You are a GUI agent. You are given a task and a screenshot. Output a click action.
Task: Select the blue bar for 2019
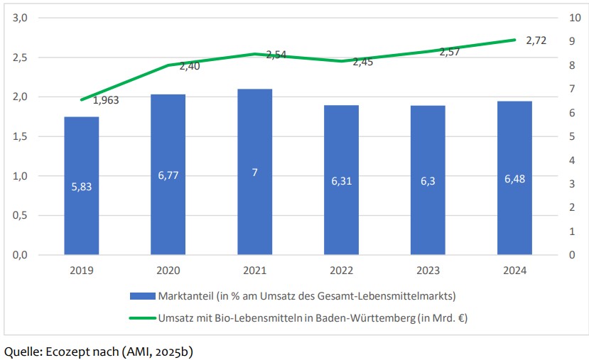point(82,185)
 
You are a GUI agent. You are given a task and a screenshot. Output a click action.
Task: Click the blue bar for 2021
point(255,171)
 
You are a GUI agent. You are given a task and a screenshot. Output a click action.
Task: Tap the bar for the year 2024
point(514,178)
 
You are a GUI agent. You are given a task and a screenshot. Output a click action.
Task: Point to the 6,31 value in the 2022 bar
point(342,180)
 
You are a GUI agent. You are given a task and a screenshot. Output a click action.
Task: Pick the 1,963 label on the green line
point(106,100)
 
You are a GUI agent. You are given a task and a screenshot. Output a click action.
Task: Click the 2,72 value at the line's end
point(536,40)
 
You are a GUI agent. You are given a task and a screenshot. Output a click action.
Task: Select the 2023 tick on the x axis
point(428,271)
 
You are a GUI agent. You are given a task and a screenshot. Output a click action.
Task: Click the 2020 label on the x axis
point(168,271)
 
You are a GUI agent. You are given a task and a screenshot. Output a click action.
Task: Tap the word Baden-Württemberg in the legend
point(368,318)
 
